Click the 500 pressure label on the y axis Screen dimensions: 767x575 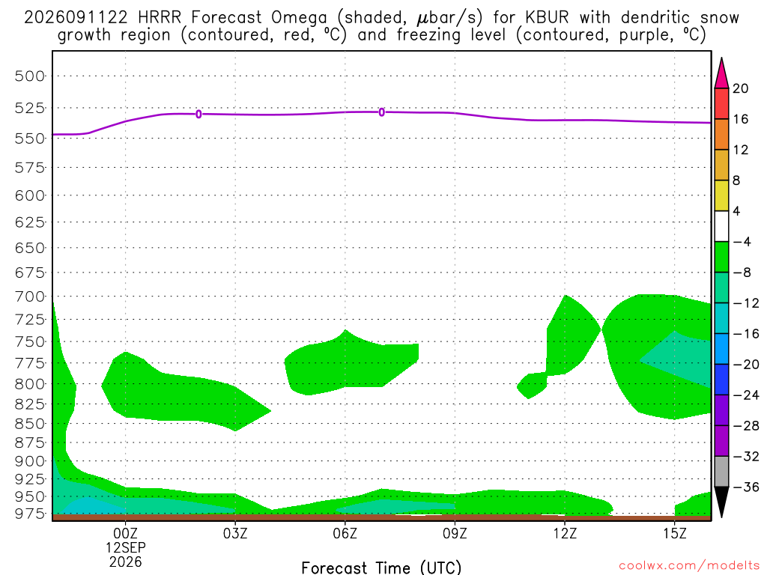tap(29, 76)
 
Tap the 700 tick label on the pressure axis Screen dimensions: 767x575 tap(29, 296)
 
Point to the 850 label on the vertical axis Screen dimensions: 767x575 tap(29, 424)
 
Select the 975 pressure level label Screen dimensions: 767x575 tap(29, 514)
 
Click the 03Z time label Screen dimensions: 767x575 tap(235, 533)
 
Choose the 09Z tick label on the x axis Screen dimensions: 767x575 tap(455, 533)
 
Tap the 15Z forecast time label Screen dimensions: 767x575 tap(675, 533)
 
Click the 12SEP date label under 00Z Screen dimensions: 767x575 tap(126, 547)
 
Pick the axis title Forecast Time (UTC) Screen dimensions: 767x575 tap(381, 568)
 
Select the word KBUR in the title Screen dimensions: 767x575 tap(548, 18)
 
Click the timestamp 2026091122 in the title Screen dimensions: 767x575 tap(76, 18)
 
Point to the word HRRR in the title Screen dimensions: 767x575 tap(160, 18)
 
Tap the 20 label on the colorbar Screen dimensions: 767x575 tap(741, 88)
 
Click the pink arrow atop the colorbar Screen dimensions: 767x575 tap(721, 73)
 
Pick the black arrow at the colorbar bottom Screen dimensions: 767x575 tap(721, 502)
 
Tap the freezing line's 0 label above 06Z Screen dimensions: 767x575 tap(382, 112)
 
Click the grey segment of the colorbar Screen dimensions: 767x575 tap(721, 472)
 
